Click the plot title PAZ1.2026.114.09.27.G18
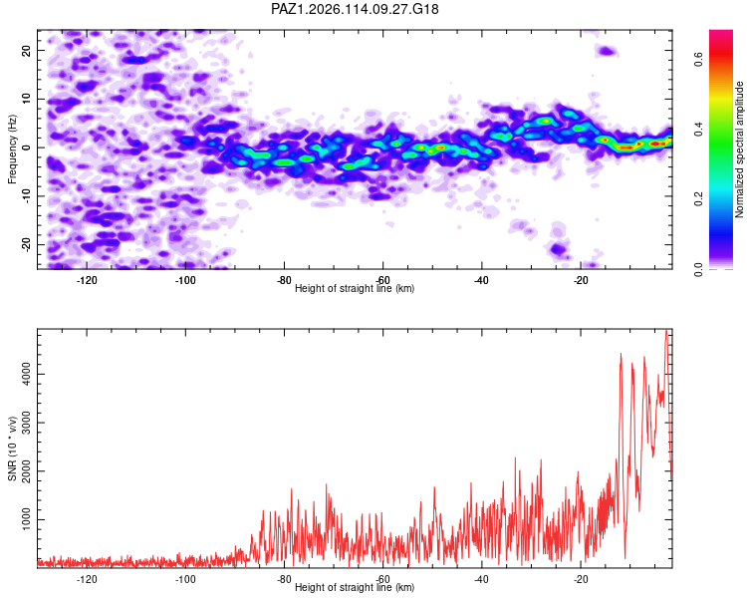[x=355, y=9]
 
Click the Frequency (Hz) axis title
[x=12, y=149]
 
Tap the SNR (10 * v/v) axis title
[x=12, y=448]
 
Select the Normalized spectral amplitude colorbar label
[x=739, y=149]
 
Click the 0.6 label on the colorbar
[x=698, y=60]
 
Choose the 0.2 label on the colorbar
[x=698, y=198]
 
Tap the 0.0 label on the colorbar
[x=698, y=268]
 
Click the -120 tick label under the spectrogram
[x=87, y=280]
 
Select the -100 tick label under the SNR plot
[x=185, y=579]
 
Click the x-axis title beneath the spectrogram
[x=355, y=288]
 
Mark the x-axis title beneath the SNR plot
[x=355, y=587]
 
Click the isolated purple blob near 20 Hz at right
[x=607, y=51]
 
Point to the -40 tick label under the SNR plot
[x=481, y=579]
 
